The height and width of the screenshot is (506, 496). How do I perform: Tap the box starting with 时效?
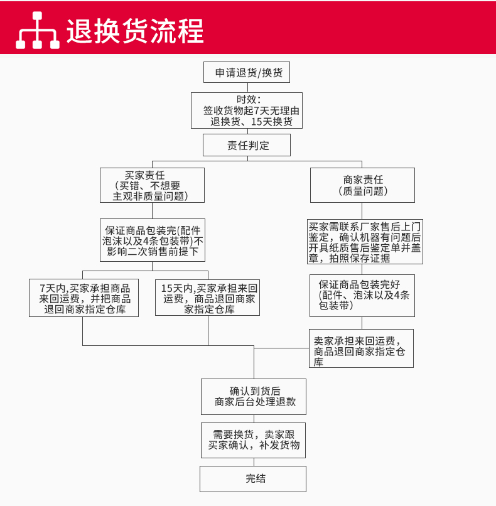[x=247, y=110]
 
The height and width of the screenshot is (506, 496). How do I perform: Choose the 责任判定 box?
[x=247, y=145]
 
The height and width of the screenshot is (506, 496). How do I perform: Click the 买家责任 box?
[x=152, y=185]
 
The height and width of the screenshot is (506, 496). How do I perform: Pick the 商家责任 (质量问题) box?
[x=362, y=185]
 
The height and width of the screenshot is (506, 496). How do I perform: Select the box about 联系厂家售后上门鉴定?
[x=365, y=242]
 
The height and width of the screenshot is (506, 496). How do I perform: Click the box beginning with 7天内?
[x=84, y=298]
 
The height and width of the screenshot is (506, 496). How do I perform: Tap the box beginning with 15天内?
[x=208, y=298]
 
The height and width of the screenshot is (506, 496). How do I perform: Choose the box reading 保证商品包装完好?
[x=362, y=295]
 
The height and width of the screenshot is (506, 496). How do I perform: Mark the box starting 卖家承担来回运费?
[x=361, y=348]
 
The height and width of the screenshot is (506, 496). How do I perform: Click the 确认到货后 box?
[x=254, y=396]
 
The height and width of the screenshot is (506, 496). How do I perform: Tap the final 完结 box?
[x=254, y=478]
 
